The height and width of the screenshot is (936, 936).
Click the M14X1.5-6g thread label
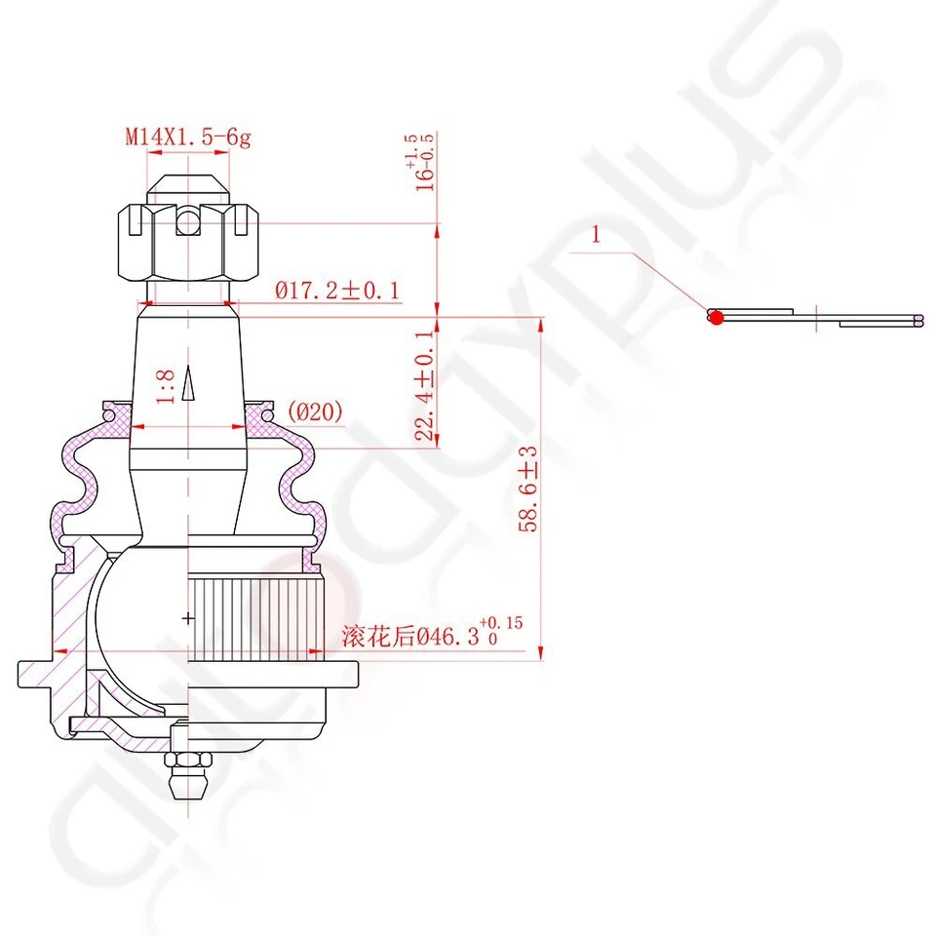pos(187,137)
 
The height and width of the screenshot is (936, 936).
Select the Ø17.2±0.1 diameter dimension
pos(337,290)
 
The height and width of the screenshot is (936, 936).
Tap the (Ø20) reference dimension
pos(316,413)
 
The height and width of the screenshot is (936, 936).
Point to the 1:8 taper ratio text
pos(167,386)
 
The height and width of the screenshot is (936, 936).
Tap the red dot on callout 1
pos(717,317)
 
